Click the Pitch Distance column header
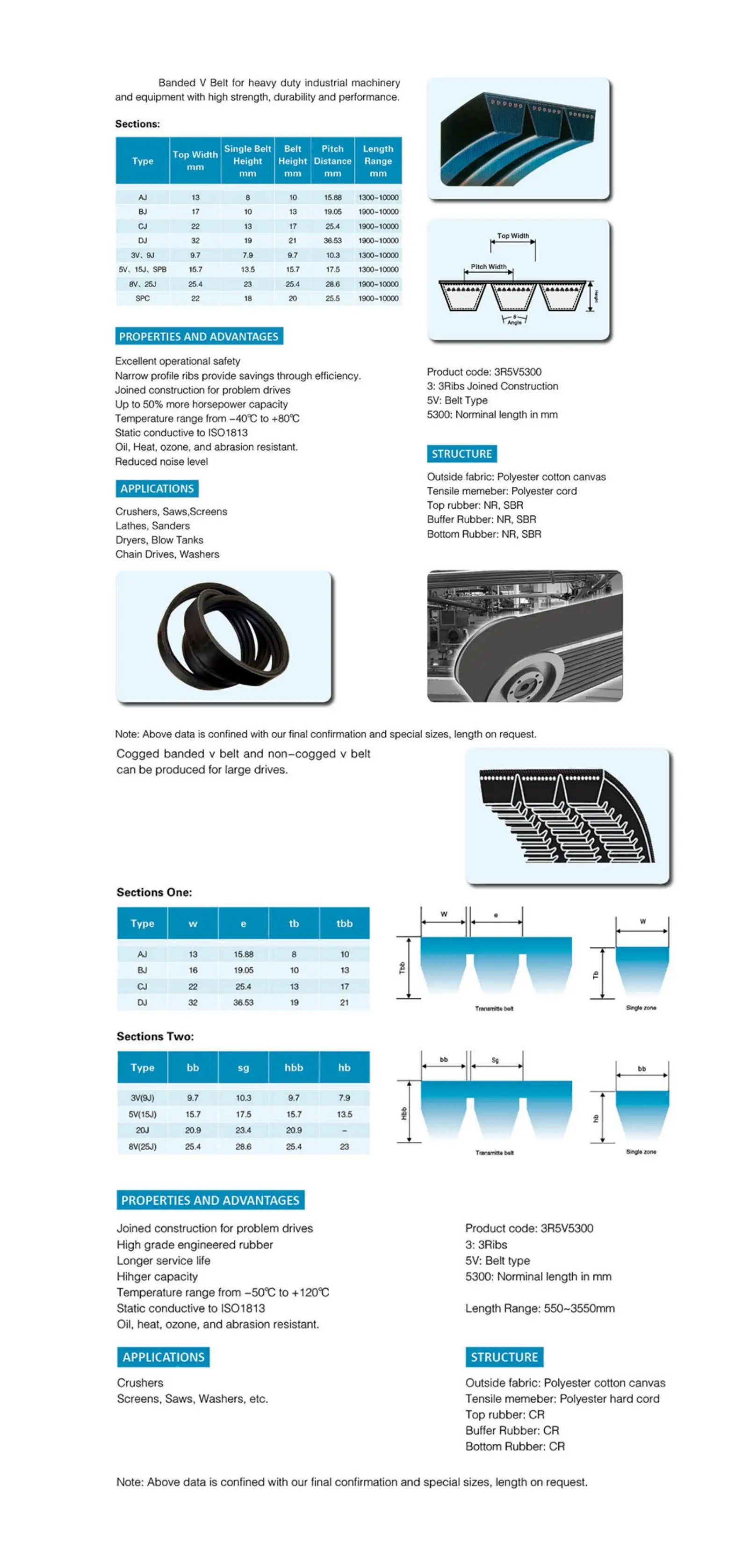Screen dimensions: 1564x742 coord(332,161)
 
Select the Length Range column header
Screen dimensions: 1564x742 coord(378,161)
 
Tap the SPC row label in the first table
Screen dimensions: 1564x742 coord(143,299)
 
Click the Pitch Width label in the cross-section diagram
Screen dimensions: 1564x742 coord(488,267)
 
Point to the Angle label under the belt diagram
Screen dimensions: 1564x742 coord(514,323)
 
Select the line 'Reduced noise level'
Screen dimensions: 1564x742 coord(161,461)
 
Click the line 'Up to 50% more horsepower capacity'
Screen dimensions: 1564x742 coord(201,404)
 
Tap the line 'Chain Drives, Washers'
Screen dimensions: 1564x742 coord(167,555)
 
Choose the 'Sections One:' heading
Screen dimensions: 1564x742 coord(154,893)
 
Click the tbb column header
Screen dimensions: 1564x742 coord(344,923)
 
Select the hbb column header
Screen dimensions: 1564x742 coord(294,1067)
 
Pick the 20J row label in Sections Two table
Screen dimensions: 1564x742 coord(143,1131)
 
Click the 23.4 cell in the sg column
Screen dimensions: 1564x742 coord(244,1131)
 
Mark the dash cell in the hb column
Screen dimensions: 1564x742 coord(344,1131)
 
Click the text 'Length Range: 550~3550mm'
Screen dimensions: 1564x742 coord(540,1308)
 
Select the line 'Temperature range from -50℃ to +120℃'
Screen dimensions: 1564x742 coord(223,1293)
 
